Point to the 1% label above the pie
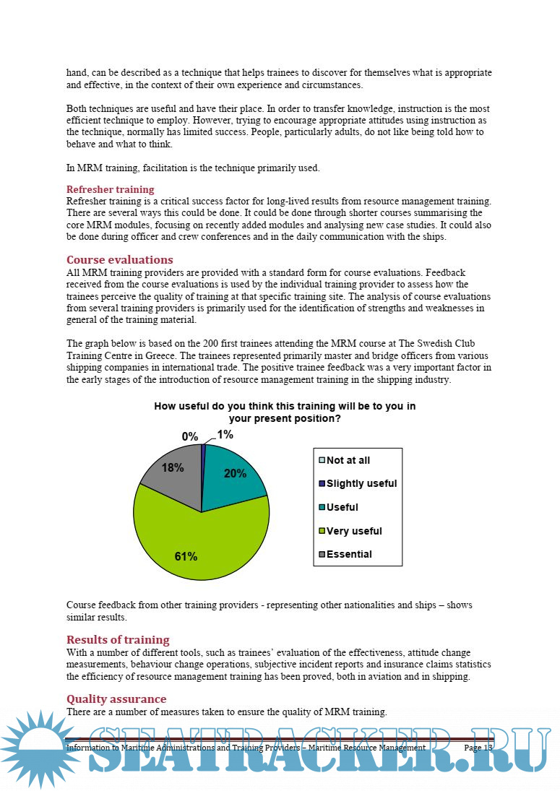coord(225,434)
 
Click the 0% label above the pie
coord(190,436)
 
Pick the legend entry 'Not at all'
coord(348,460)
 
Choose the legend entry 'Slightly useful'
coord(361,483)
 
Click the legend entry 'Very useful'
coord(354,531)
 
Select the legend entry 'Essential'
coord(349,554)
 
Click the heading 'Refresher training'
coord(110,189)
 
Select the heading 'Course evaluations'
coord(119,259)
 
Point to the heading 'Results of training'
coord(118,639)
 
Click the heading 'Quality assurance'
coord(116,699)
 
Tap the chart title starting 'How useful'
coord(285,412)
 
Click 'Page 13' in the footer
coord(478,748)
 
